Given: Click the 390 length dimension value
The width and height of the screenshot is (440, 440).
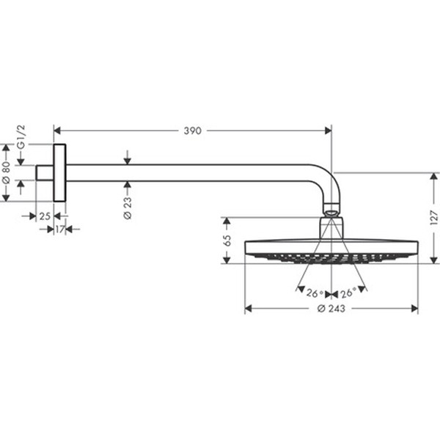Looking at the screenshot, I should pos(191,131).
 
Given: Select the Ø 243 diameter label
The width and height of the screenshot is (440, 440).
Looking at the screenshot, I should pos(331,309).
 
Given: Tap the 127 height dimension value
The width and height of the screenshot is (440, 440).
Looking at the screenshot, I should pos(433,218).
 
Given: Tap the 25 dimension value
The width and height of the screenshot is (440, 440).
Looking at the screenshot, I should pos(45,216).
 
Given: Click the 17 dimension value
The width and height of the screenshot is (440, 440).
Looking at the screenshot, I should pos(59,230).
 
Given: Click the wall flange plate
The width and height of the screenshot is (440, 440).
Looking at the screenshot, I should pos(59,172).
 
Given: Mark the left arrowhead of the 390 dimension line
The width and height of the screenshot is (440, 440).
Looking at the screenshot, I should pos(56,131).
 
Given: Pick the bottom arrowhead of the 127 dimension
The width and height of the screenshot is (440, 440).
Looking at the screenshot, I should pos(433,260).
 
